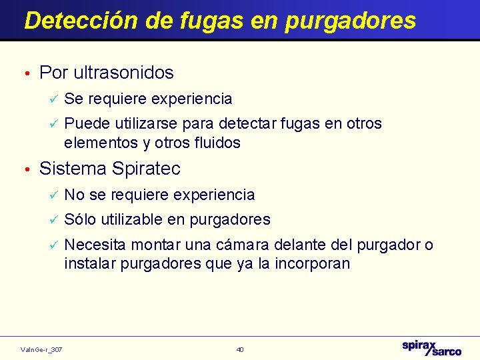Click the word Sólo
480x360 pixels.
(80, 219)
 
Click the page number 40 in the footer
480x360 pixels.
(240, 349)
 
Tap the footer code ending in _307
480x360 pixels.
(42, 349)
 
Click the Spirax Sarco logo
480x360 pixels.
(431, 347)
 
